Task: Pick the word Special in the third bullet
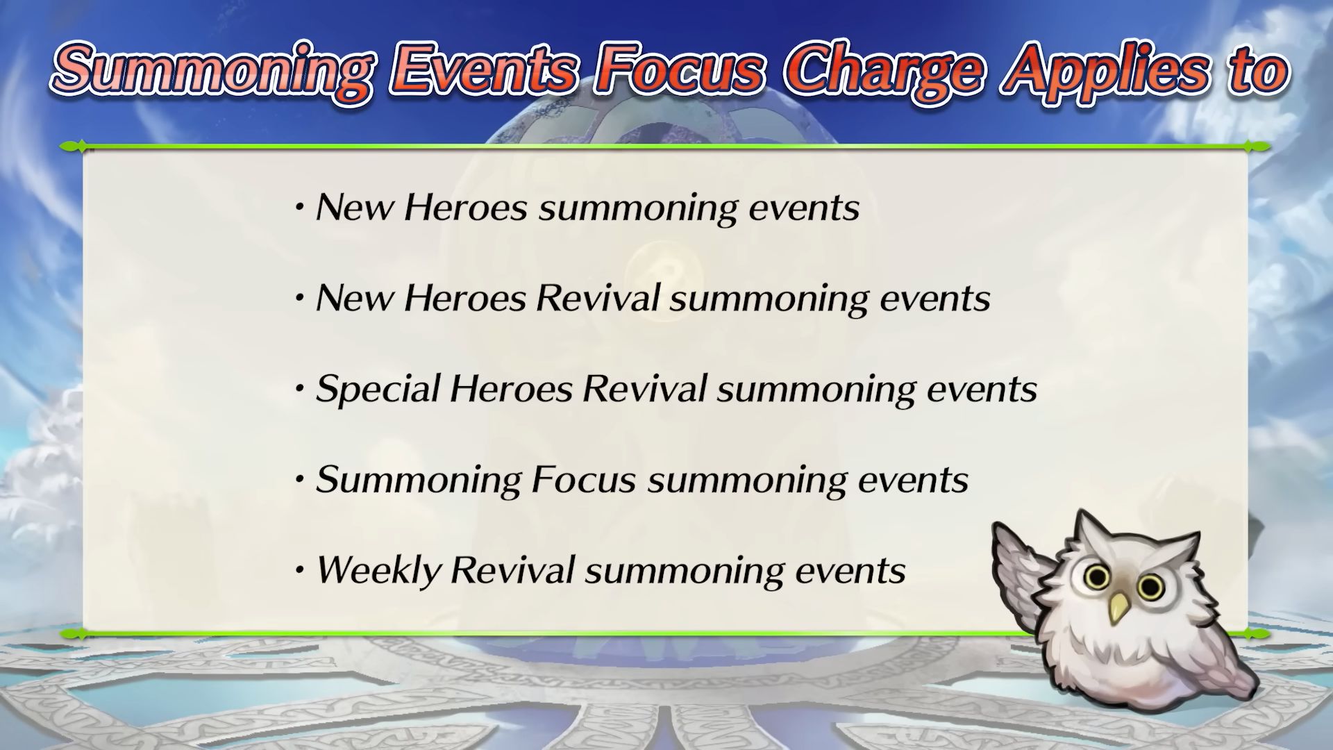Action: (377, 389)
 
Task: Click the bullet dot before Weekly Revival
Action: (300, 571)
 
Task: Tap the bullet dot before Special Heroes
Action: (300, 390)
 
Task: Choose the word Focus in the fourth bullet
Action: (583, 479)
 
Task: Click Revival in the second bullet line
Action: (598, 298)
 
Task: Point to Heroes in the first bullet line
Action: (466, 208)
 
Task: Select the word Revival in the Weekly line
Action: (512, 570)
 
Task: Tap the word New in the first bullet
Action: (355, 208)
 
